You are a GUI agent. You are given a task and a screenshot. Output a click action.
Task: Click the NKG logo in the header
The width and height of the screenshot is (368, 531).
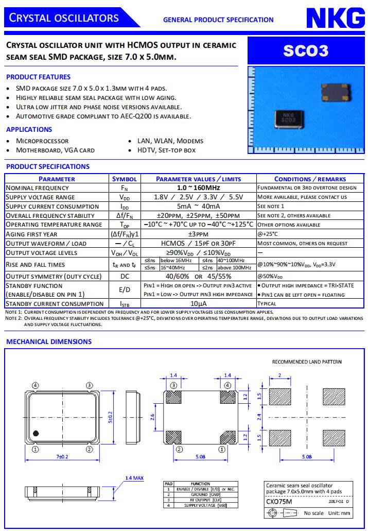point(336,19)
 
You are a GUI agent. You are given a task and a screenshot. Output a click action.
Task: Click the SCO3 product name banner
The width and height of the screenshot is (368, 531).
point(305,50)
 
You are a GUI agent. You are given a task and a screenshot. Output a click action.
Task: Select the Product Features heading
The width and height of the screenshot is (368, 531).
point(38,77)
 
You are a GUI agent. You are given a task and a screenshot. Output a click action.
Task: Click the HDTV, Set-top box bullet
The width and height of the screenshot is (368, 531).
point(166,150)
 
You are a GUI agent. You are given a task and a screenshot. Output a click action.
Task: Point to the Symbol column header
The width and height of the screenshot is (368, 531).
point(125,179)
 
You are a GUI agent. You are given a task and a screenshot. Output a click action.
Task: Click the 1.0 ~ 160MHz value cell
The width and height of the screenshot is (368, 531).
point(198,188)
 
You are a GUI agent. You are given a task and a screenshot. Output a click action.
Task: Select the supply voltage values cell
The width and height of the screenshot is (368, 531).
point(198,197)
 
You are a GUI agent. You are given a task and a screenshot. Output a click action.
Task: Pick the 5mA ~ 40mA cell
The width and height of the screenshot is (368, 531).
point(198,206)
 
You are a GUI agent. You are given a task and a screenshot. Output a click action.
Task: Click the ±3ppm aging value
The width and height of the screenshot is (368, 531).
point(198,234)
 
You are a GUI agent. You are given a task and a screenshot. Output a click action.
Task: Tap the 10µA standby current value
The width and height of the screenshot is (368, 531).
point(198,304)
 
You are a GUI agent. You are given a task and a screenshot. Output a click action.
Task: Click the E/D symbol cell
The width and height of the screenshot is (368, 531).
point(125,290)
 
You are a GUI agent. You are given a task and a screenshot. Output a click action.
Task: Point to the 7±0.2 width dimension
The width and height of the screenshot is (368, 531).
point(62,457)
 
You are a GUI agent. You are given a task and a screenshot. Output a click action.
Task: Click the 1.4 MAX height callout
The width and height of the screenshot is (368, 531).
point(134,478)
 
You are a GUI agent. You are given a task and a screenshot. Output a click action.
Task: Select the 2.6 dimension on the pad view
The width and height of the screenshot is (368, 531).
point(152,417)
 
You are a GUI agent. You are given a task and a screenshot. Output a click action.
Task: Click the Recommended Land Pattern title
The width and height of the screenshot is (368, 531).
point(306,362)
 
